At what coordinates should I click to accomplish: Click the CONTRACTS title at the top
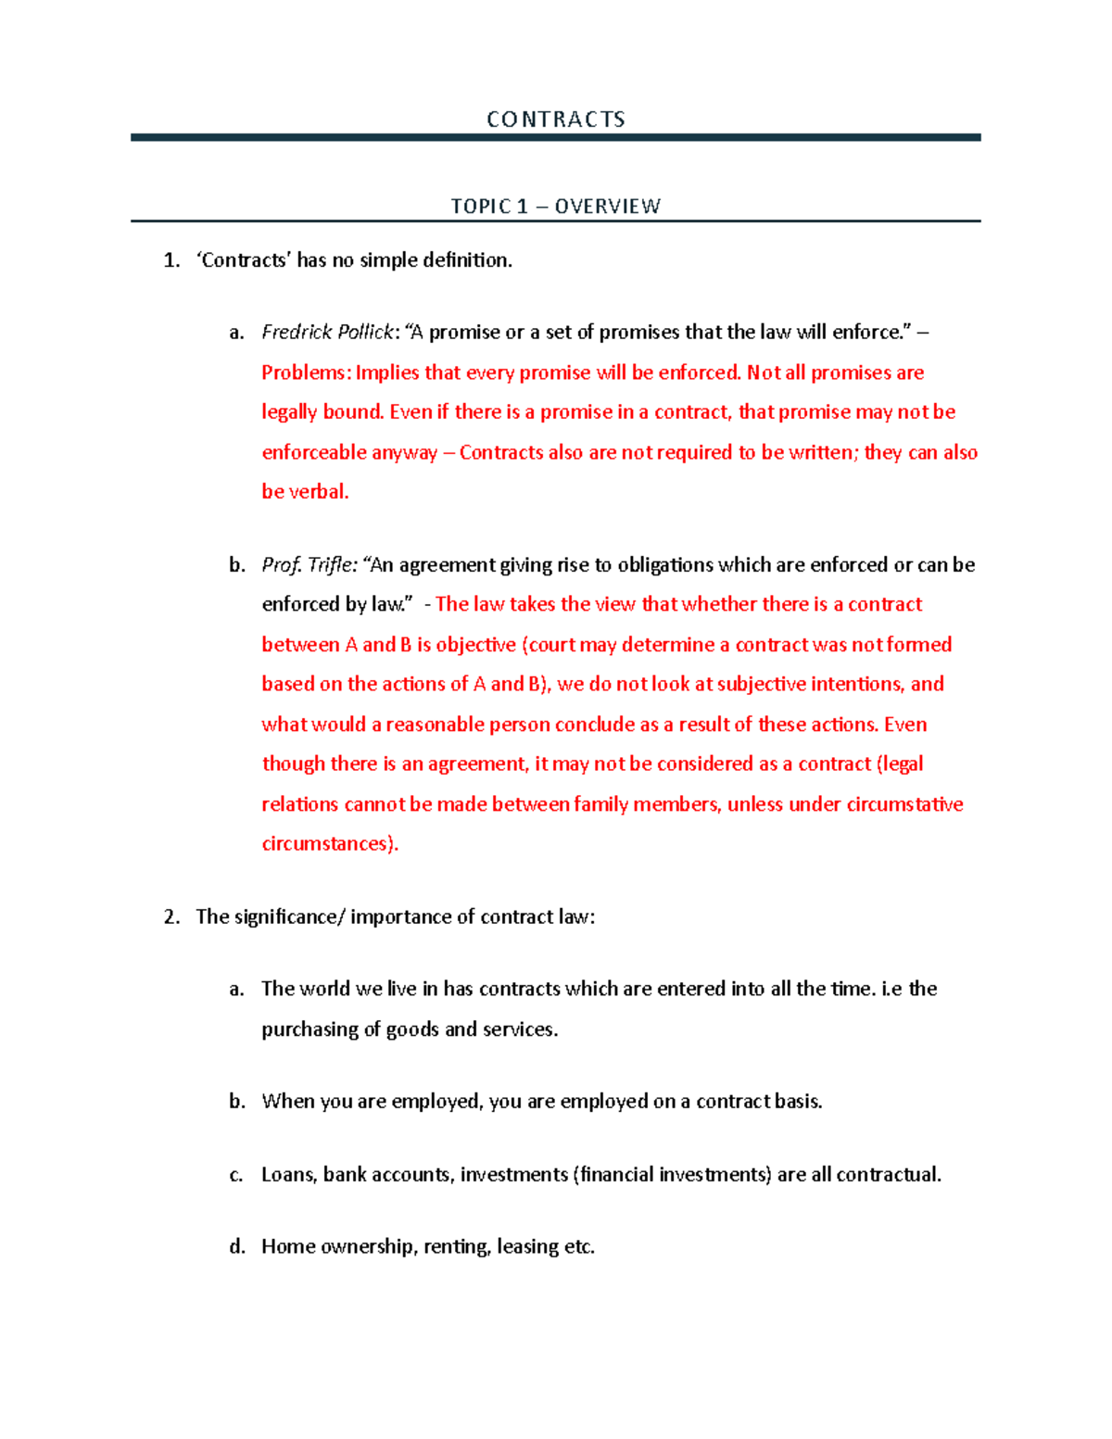click(x=555, y=120)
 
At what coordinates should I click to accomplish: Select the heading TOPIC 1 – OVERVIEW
click(x=555, y=206)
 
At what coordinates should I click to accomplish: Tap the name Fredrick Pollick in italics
click(x=328, y=332)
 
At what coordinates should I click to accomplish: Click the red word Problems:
click(x=306, y=372)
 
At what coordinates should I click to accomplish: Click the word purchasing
click(x=310, y=1029)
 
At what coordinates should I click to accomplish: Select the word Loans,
click(x=289, y=1175)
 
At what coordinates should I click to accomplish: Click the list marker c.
click(x=236, y=1175)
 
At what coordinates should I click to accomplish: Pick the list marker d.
click(x=237, y=1247)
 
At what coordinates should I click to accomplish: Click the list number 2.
click(x=171, y=917)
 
